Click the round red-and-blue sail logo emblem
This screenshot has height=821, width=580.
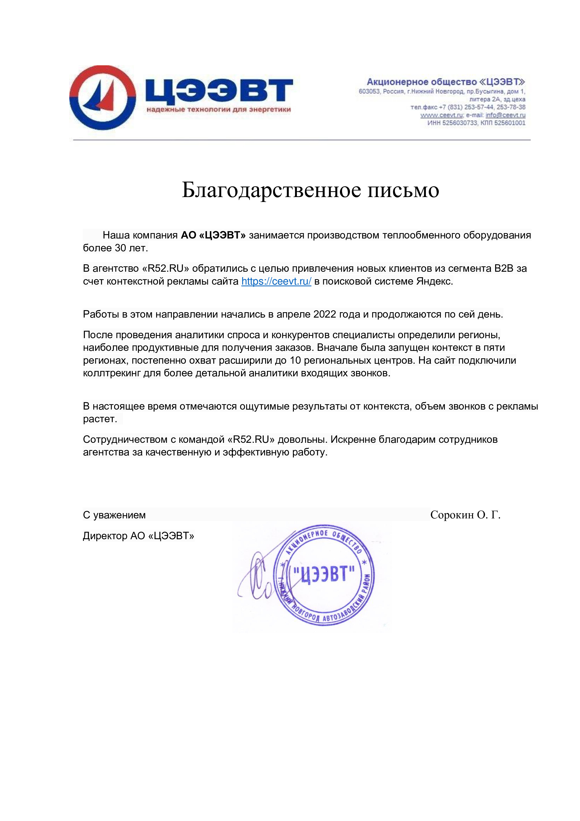102,97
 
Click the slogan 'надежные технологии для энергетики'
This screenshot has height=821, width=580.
219,110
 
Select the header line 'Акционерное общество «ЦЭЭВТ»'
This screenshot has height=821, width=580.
446,82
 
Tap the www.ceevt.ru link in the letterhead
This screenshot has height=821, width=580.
441,115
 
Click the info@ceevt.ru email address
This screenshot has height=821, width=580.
505,115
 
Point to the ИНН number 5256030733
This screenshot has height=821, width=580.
459,123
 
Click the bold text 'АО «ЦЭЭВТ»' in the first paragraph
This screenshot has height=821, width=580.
213,235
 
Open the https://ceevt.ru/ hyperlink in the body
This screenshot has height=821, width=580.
276,281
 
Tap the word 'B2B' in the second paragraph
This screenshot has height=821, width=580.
504,268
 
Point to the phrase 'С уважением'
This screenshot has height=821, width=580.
114,515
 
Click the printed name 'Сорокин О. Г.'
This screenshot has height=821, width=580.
465,515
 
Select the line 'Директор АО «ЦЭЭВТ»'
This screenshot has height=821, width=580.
139,536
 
